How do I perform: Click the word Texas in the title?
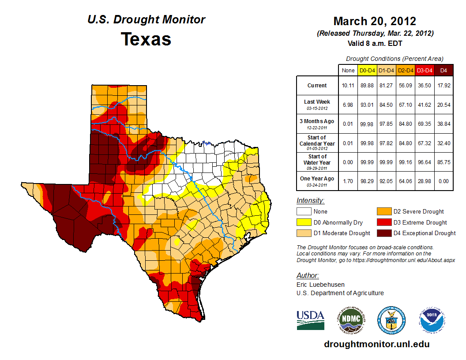[x=146, y=39]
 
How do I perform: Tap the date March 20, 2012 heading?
[x=375, y=21]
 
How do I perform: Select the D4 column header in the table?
[x=444, y=70]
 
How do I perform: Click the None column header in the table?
[x=348, y=70]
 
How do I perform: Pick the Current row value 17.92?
[x=444, y=86]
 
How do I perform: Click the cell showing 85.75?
[x=444, y=162]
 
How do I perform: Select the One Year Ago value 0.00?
[x=444, y=181]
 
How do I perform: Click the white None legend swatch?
[x=304, y=212]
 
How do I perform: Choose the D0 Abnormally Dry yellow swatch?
[x=304, y=222]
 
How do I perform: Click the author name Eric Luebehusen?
[x=321, y=285]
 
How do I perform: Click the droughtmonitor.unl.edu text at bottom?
[x=376, y=344]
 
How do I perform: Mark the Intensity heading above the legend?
[x=310, y=201]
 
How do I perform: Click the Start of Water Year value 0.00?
[x=348, y=162]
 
